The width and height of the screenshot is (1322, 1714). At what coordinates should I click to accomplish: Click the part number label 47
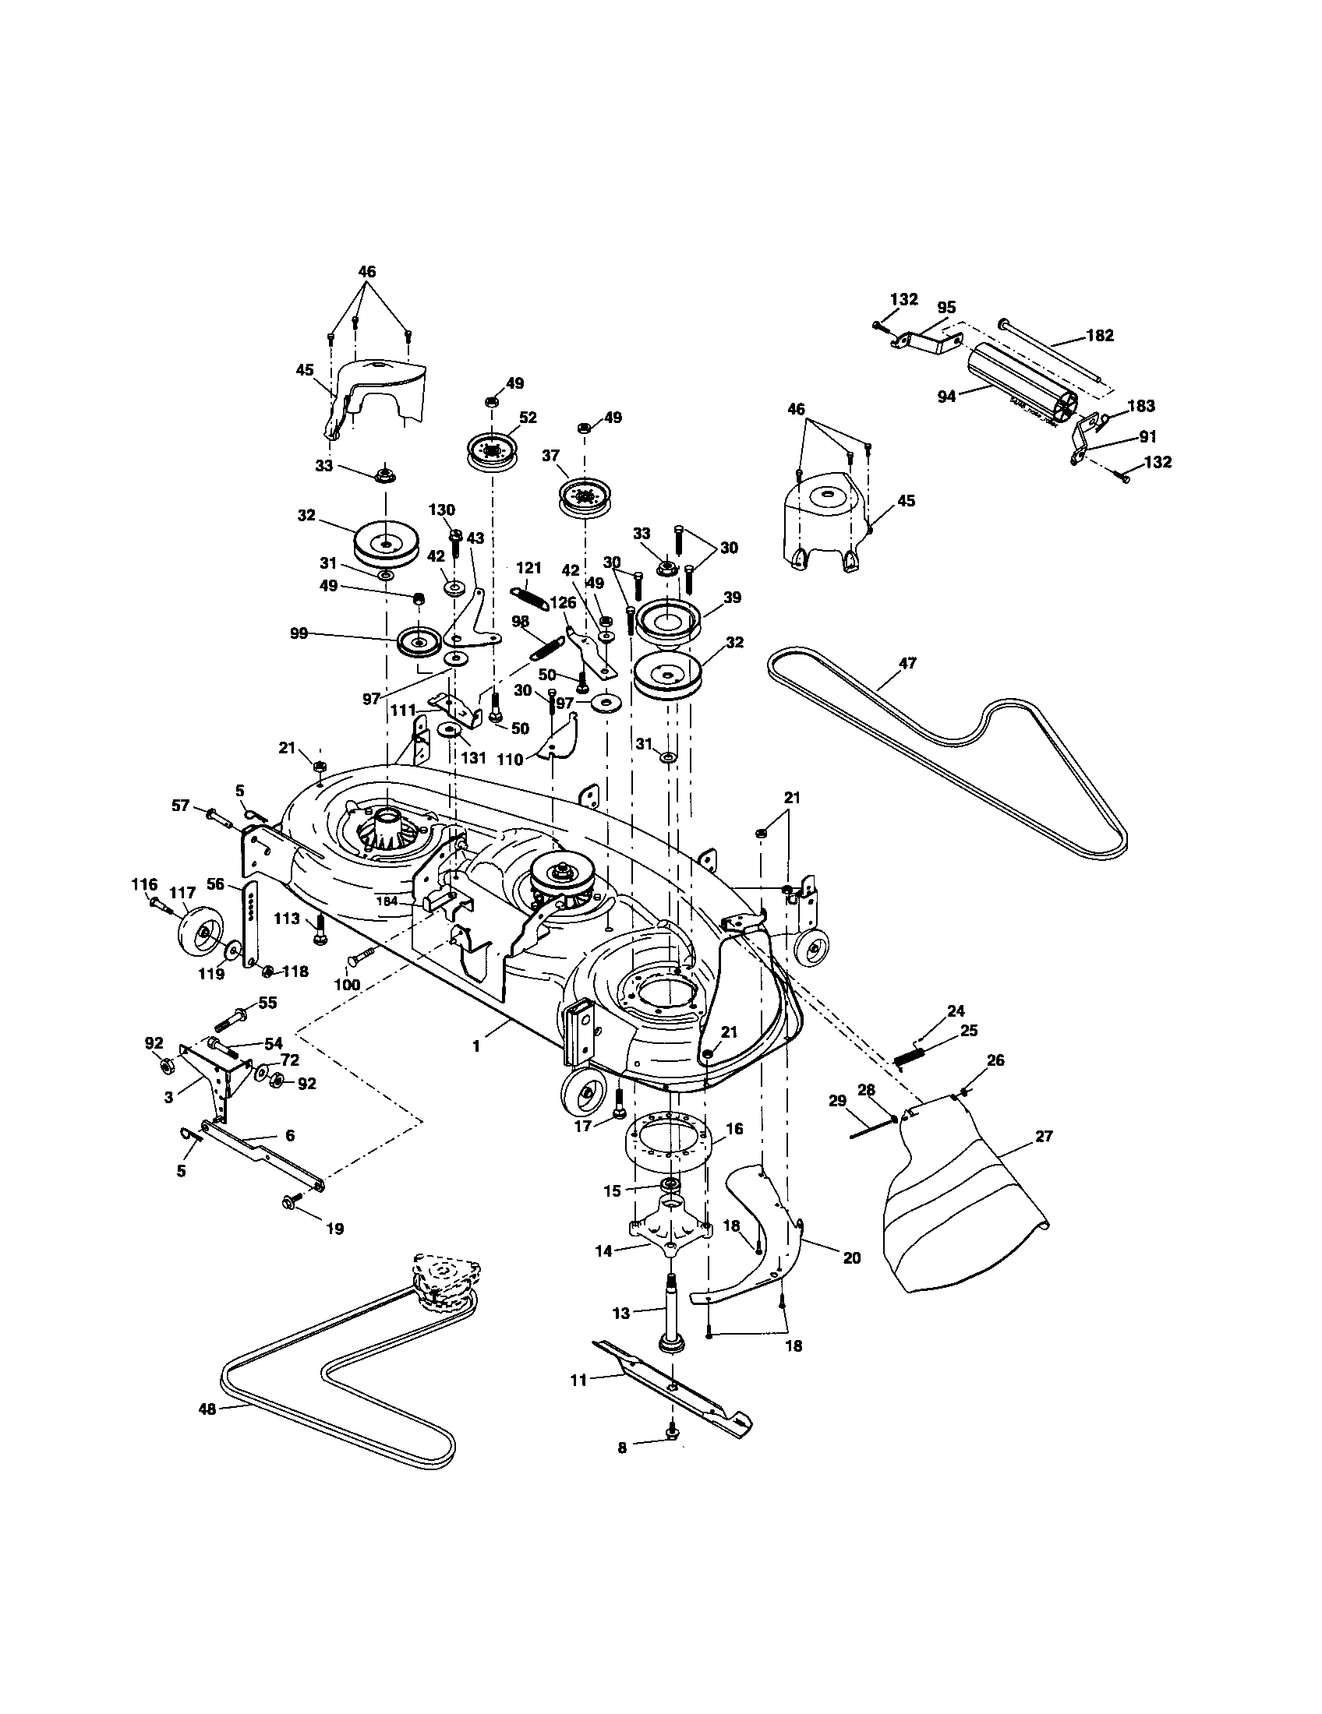click(x=907, y=663)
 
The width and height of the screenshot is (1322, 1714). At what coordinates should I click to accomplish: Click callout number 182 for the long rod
click(x=1101, y=335)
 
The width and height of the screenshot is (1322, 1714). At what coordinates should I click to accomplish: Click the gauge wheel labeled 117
click(x=200, y=933)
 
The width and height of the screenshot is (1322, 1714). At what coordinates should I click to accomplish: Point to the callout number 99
click(x=299, y=633)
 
